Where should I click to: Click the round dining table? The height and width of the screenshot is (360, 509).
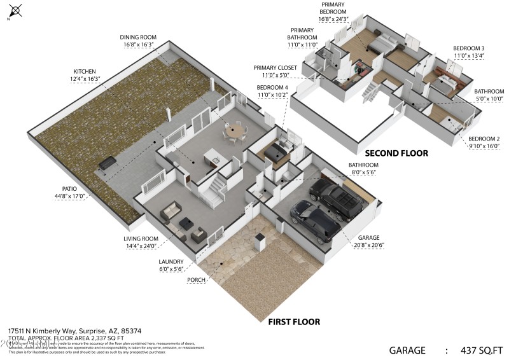pyautogui.click(x=235, y=132)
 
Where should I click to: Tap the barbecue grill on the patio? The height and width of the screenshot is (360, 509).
pyautogui.click(x=106, y=163)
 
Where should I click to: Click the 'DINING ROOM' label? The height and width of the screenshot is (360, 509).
pyautogui.click(x=139, y=37)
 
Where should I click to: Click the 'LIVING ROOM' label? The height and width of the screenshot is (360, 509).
pyautogui.click(x=140, y=239)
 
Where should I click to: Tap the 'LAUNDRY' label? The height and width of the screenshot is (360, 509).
pyautogui.click(x=171, y=261)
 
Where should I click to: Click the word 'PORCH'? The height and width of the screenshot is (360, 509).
pyautogui.click(x=195, y=279)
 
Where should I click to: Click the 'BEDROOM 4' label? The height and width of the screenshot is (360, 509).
pyautogui.click(x=272, y=87)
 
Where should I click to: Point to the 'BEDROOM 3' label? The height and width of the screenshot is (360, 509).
pyautogui.click(x=468, y=48)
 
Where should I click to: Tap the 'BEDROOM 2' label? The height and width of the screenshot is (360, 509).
pyautogui.click(x=484, y=139)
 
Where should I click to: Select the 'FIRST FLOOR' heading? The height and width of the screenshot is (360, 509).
pyautogui.click(x=293, y=322)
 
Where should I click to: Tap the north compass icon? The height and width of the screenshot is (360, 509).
pyautogui.click(x=15, y=11)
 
